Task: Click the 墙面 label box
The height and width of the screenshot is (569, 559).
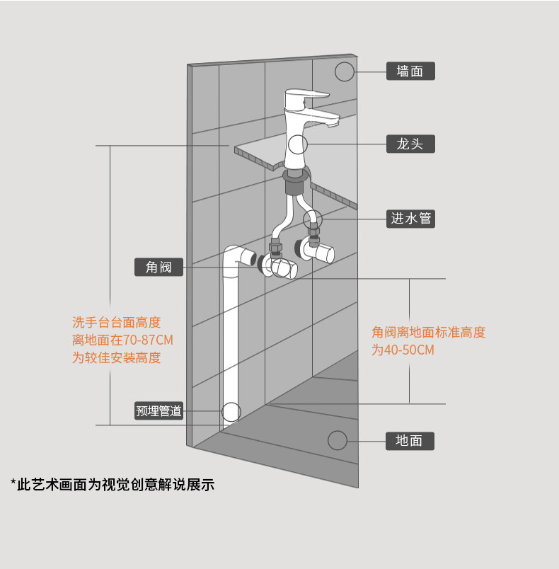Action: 410,71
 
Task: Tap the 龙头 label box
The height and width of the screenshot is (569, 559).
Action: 410,144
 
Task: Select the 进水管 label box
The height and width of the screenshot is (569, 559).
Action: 410,218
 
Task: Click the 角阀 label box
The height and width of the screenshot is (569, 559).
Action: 159,267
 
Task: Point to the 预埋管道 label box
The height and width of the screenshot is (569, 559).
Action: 159,410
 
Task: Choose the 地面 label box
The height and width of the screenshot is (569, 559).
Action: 410,440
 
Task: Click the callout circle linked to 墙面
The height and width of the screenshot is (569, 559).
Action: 344,71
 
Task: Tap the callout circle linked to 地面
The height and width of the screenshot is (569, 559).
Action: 338,440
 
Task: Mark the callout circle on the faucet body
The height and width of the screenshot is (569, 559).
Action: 298,145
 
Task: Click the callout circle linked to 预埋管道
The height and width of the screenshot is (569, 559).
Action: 231,411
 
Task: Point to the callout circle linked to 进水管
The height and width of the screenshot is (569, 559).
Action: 313,219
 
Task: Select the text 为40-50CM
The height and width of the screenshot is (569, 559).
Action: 403,350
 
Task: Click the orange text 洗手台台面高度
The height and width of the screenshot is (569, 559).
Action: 117,323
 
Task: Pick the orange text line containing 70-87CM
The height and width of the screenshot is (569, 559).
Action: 122,340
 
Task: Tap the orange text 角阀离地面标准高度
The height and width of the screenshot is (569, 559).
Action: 429,332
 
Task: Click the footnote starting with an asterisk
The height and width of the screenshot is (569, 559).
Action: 113,485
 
